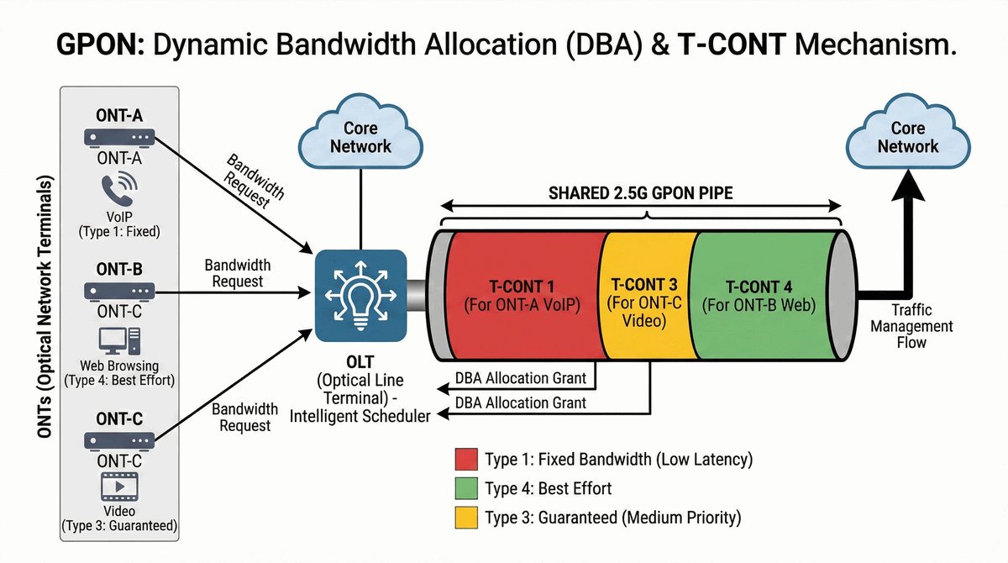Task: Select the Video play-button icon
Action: [118, 487]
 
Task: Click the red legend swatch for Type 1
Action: [465, 460]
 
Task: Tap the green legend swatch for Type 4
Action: [465, 488]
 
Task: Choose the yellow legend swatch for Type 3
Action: [465, 517]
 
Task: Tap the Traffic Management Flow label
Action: [911, 326]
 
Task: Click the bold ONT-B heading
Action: [118, 270]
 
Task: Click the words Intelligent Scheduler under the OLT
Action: [360, 415]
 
